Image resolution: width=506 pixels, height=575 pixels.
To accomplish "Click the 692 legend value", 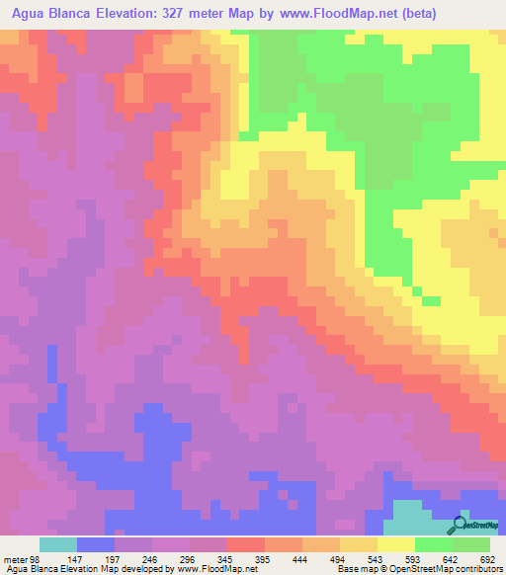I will [484, 558].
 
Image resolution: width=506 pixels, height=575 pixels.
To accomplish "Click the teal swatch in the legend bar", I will [57, 544].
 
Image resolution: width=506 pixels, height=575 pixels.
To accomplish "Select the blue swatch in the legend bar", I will [95, 544].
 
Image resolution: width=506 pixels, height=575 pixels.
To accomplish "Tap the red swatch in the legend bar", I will [245, 544].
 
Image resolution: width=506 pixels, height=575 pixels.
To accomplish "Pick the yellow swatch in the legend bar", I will [395, 544].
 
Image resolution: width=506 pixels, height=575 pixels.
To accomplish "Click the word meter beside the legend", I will [14, 558].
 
